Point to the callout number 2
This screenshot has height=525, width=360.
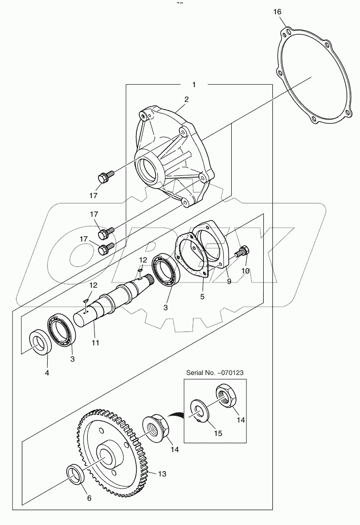pos(186,100)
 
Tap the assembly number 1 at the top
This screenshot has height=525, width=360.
pos(194,85)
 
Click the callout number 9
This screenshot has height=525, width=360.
pos(229,282)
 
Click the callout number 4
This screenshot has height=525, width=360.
pos(47,373)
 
